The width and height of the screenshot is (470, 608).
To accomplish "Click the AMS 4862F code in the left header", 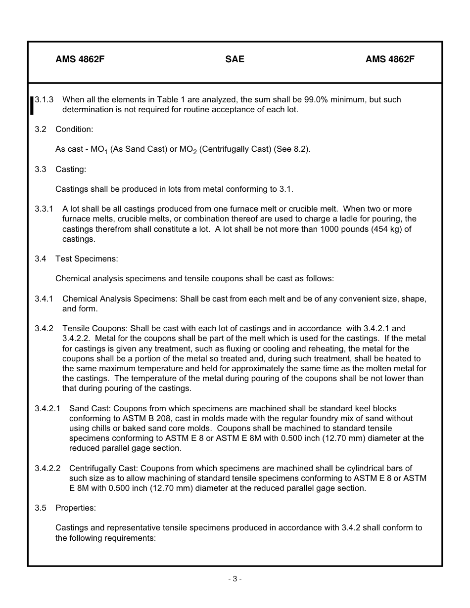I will click(x=80, y=59).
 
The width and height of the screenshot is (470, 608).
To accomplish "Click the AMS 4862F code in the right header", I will click(x=390, y=59).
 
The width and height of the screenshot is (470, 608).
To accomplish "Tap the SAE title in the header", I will click(x=235, y=59).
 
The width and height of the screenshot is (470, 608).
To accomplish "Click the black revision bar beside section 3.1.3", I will click(x=32, y=105).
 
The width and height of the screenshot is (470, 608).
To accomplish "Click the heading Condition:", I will click(x=74, y=130).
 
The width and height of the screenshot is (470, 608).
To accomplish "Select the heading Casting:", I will click(x=71, y=170).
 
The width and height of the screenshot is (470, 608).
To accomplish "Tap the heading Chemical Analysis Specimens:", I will click(x=120, y=299).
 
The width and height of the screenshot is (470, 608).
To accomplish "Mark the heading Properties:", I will click(x=76, y=508).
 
